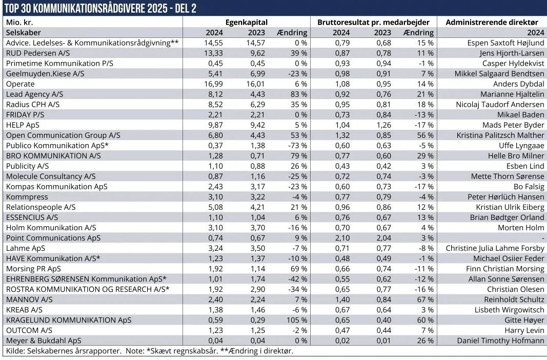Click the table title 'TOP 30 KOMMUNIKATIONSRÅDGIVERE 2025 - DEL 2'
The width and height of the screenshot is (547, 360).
click(100, 9)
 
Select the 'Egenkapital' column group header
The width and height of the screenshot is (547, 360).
click(246, 23)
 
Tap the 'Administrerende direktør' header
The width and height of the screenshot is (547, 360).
click(492, 23)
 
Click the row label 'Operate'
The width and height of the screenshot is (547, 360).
click(20, 84)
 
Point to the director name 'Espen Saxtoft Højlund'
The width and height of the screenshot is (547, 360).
click(505, 43)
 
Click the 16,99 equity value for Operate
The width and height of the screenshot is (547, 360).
click(213, 84)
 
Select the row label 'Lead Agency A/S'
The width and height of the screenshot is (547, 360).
click(32, 94)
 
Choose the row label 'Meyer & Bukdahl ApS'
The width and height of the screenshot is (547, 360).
click(43, 341)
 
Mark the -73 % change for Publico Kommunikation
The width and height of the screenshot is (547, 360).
click(297, 146)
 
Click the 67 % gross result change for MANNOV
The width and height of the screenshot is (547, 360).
click(426, 299)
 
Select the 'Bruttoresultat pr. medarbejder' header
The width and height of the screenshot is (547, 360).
click(373, 23)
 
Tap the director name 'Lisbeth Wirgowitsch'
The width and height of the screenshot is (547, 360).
click(510, 310)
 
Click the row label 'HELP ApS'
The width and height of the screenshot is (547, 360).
click(22, 125)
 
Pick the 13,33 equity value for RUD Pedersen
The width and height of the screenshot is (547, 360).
click(213, 53)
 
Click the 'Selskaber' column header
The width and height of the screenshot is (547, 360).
click(20, 33)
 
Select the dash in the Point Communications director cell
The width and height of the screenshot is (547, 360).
click(542, 238)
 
